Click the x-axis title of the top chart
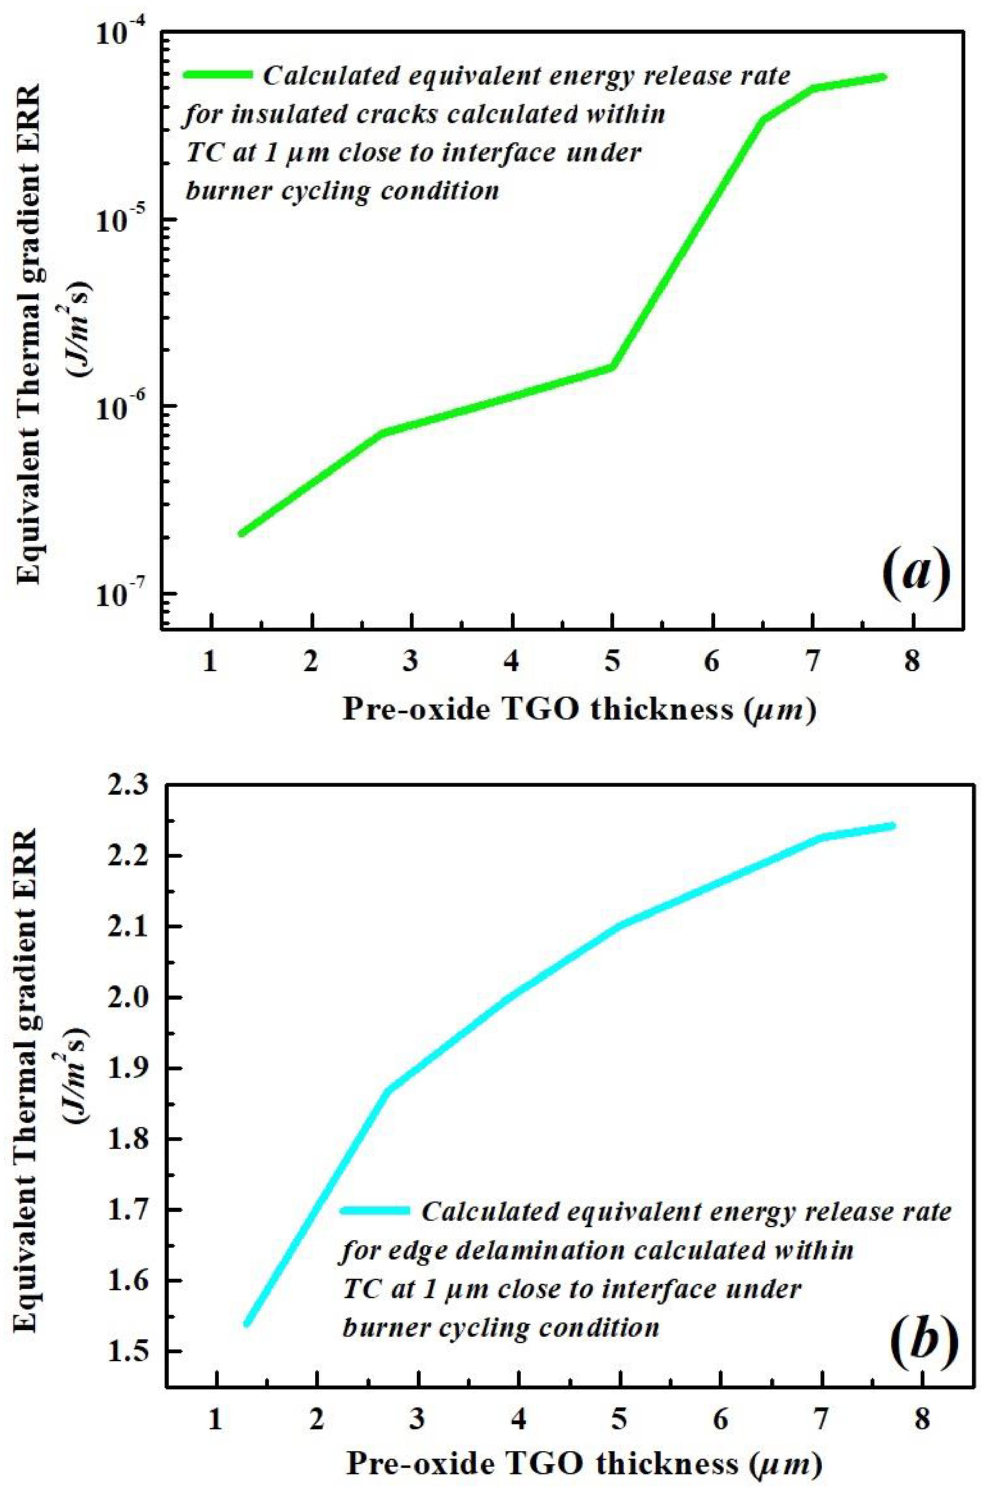[579, 710]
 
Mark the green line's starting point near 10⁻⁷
[242, 533]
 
